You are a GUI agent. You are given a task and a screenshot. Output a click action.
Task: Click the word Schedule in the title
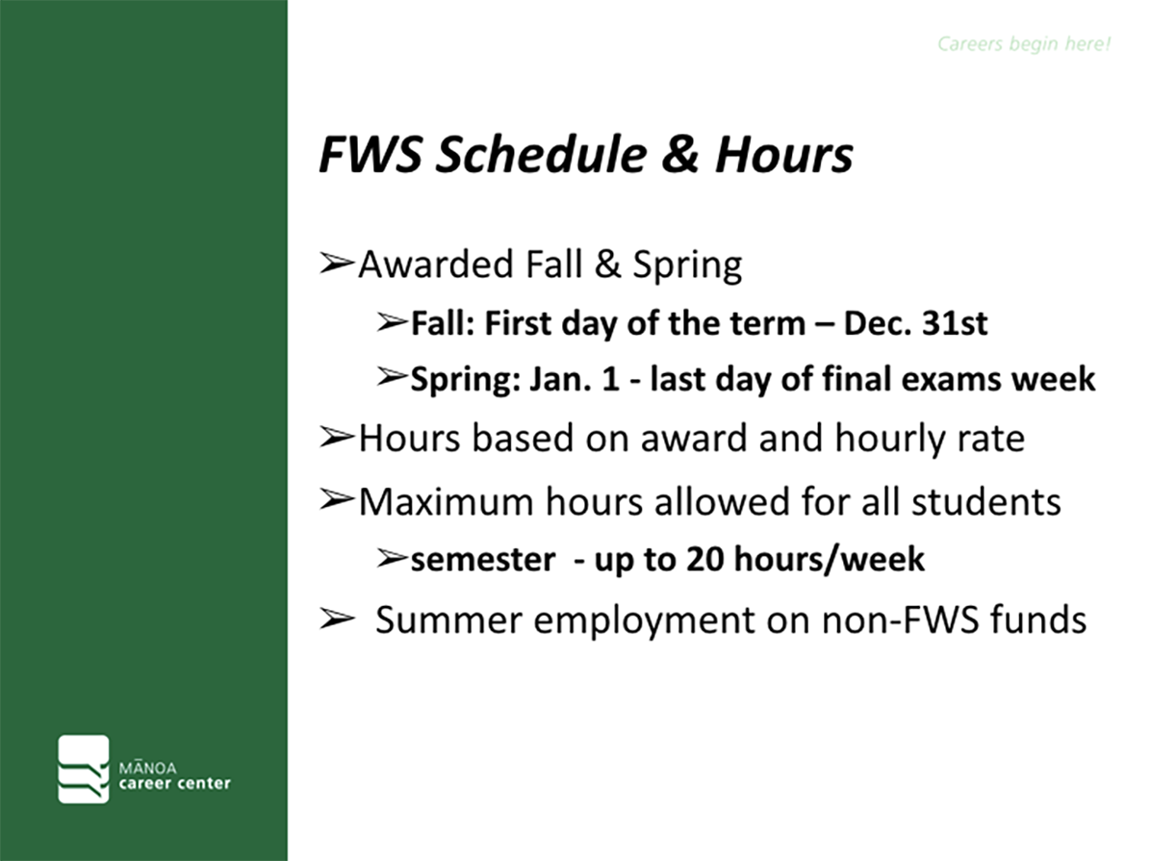coord(541,155)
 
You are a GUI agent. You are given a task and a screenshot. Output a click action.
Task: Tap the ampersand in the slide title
coord(680,155)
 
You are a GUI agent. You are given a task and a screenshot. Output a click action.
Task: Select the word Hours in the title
coord(784,155)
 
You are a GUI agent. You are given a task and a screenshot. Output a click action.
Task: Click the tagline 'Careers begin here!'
coord(1024,44)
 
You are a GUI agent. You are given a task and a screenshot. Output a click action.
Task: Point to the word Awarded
coord(436,264)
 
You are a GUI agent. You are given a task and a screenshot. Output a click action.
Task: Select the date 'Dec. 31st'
coord(915,323)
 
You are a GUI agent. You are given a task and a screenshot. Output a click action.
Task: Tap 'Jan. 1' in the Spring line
coord(575,379)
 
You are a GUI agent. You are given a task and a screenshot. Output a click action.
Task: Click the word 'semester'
coord(482,560)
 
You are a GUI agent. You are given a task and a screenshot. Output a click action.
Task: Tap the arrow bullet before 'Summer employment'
coord(337,619)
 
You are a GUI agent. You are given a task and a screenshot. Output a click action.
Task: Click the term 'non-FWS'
coord(900,620)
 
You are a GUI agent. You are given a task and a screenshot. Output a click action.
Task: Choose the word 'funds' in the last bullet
coord(1038,620)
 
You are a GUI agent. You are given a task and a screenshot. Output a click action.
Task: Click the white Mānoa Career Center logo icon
coord(84,769)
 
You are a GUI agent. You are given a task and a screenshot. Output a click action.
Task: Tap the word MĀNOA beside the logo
coord(147,768)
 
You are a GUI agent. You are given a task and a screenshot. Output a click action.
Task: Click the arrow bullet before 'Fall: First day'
coord(392,321)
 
